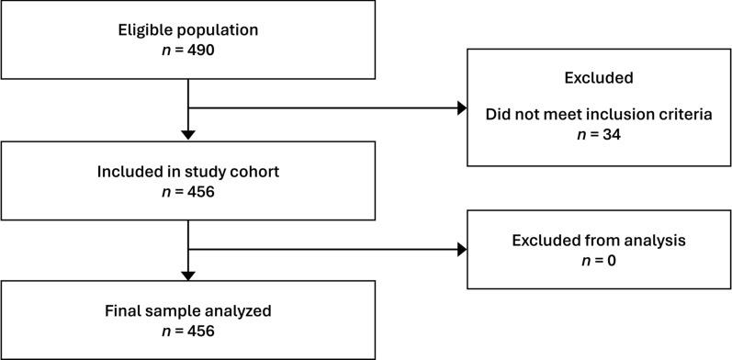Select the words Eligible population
point(187,29)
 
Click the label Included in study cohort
point(187,171)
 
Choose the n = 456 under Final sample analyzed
point(187,329)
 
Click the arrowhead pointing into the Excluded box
point(461,108)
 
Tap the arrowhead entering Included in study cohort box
point(187,135)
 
